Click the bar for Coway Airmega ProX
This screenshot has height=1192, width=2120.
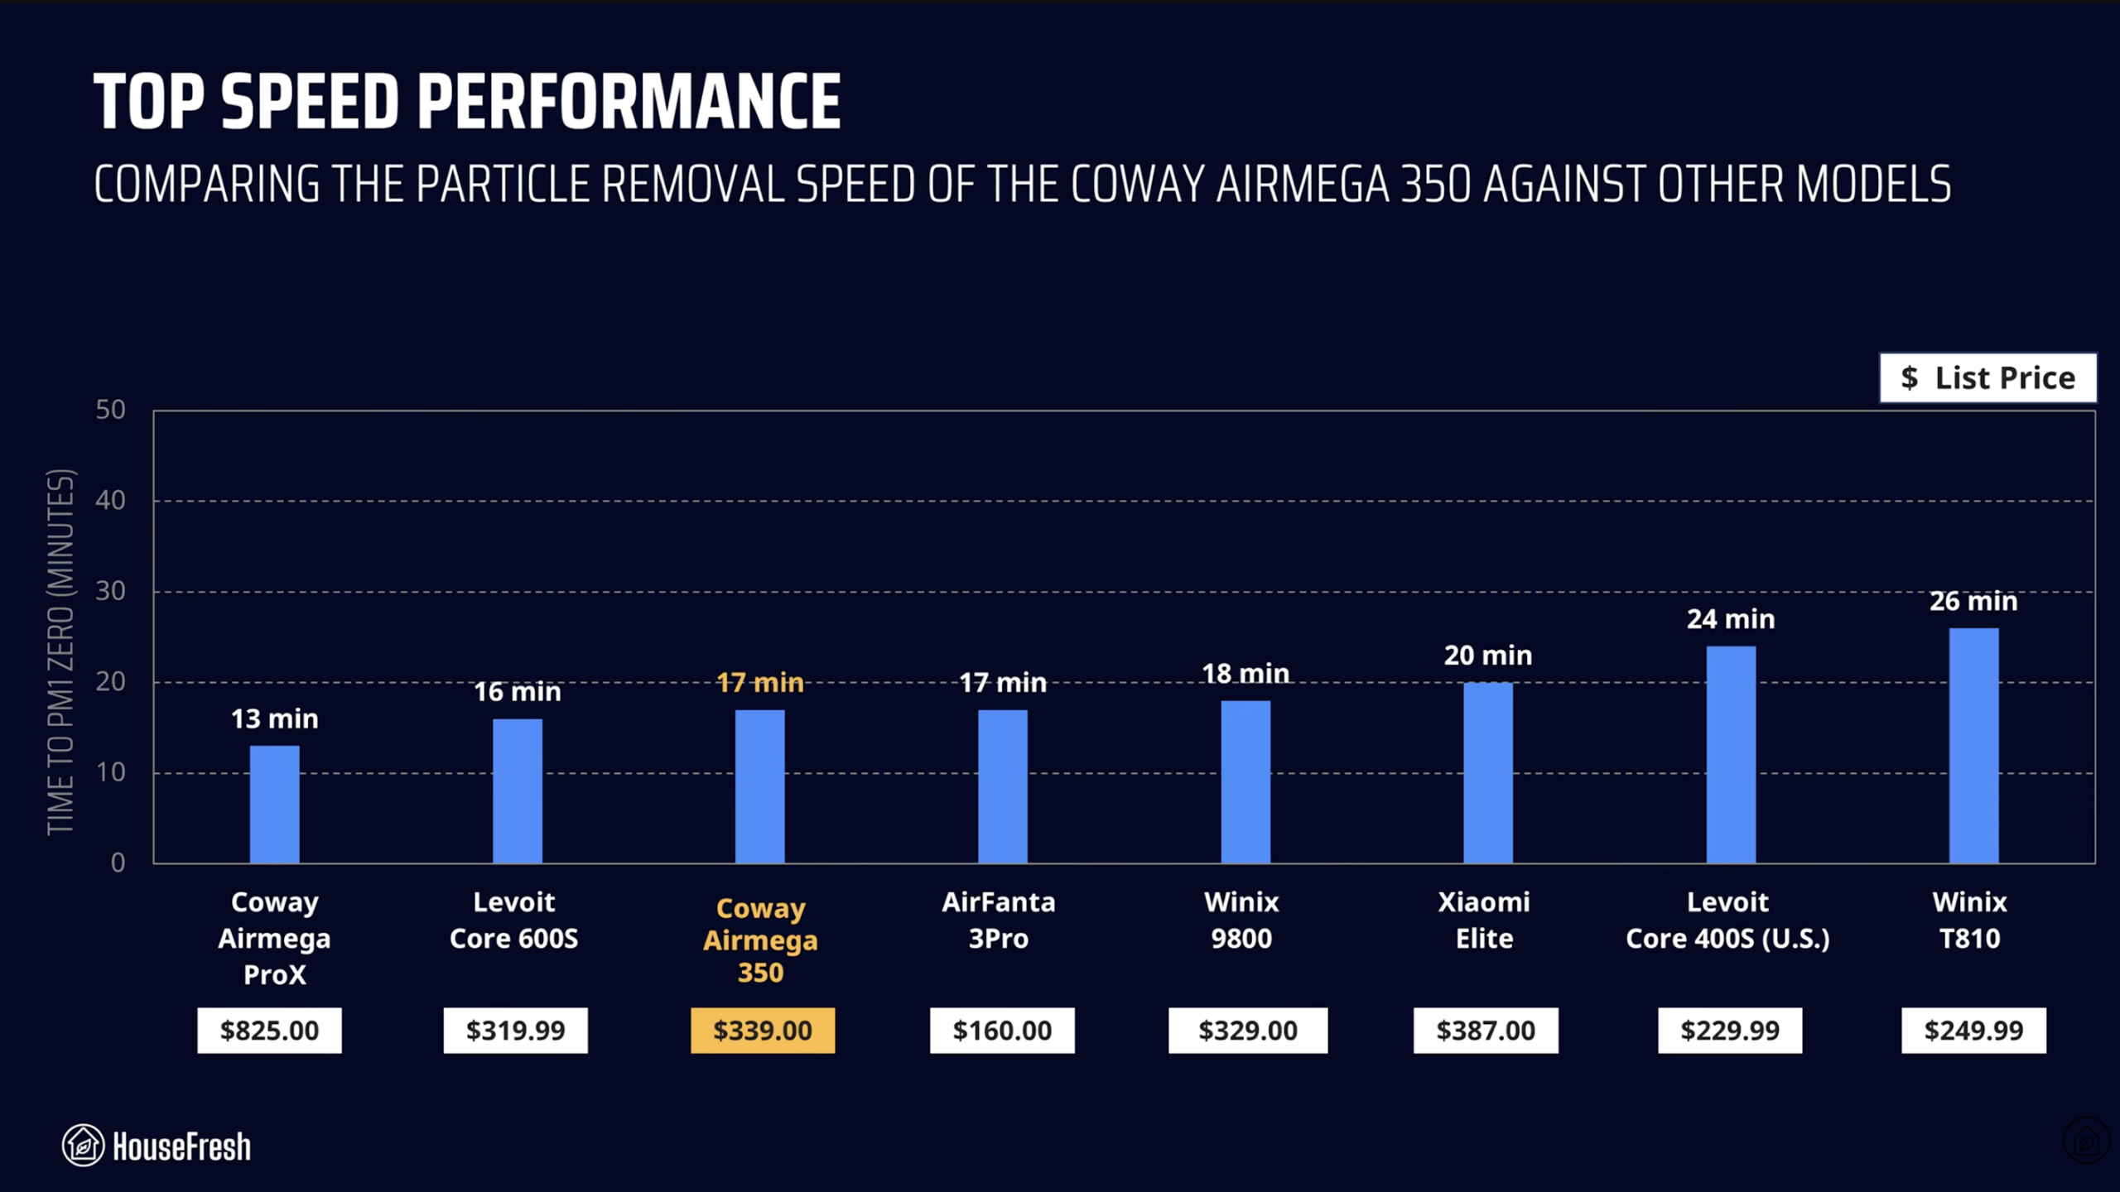274,804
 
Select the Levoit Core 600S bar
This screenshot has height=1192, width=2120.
517,791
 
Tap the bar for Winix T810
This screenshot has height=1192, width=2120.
1973,745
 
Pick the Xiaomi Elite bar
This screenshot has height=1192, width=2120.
1487,772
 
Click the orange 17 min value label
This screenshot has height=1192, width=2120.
759,682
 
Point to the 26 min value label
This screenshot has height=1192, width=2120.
1973,601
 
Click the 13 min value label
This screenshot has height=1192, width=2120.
274,719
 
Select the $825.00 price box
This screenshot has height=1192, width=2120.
269,1030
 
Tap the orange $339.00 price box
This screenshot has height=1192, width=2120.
762,1030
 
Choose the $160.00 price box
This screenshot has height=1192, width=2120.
1001,1030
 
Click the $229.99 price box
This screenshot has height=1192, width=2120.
1729,1030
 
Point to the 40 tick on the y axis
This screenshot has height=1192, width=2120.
110,500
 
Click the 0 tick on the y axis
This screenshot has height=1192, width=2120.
118,863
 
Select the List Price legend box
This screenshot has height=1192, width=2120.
1987,378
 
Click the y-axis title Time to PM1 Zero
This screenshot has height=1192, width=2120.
61,651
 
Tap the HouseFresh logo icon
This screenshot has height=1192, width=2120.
83,1146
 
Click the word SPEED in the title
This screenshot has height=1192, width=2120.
311,102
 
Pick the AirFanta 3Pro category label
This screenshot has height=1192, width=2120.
998,920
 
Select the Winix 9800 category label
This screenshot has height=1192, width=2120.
1241,920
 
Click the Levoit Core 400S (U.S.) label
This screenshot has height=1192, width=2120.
1727,920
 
